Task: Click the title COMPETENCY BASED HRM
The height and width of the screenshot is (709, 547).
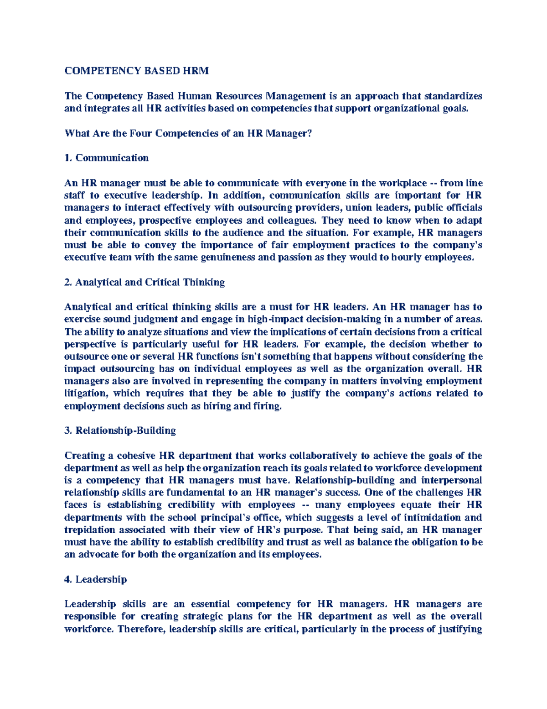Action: (137, 71)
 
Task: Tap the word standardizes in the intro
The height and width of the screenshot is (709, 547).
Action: (453, 96)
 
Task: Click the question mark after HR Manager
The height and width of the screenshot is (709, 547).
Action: (310, 133)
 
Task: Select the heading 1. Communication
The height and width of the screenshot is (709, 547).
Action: (107, 158)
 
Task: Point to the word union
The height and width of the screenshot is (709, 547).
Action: (359, 208)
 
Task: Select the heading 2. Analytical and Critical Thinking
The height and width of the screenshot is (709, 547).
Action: (145, 282)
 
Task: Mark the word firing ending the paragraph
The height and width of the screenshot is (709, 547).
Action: (268, 406)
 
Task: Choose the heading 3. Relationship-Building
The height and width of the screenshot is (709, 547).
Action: (120, 431)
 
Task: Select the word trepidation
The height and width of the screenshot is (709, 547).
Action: (90, 530)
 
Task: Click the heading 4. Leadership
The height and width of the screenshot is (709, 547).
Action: (96, 579)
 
